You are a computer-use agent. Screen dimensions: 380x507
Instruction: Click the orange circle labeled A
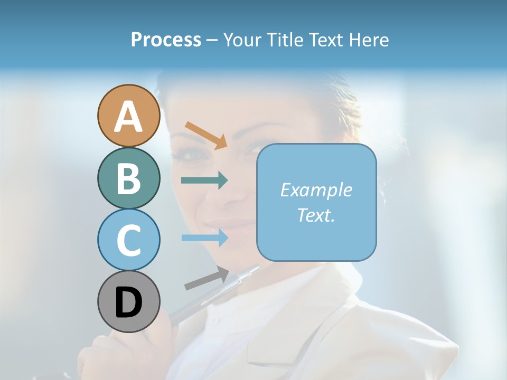128,116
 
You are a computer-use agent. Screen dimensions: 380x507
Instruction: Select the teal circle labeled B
128,178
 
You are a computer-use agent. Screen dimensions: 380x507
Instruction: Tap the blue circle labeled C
128,240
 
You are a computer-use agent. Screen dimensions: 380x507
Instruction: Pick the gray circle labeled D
128,301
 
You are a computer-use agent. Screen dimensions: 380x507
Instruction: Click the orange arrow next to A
206,135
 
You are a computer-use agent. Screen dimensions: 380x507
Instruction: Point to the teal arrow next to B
204,180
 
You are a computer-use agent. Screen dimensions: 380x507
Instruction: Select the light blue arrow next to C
204,237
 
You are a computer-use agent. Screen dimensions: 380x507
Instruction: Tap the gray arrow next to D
206,279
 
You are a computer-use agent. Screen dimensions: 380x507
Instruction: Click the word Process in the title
166,40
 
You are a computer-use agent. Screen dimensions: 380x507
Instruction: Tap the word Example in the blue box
316,190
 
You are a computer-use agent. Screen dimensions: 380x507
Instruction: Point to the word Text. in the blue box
316,215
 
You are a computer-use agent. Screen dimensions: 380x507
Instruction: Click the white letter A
128,117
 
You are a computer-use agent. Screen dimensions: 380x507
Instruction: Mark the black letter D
128,302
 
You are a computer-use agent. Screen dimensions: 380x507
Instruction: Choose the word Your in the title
242,40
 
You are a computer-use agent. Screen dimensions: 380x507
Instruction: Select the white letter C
128,241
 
